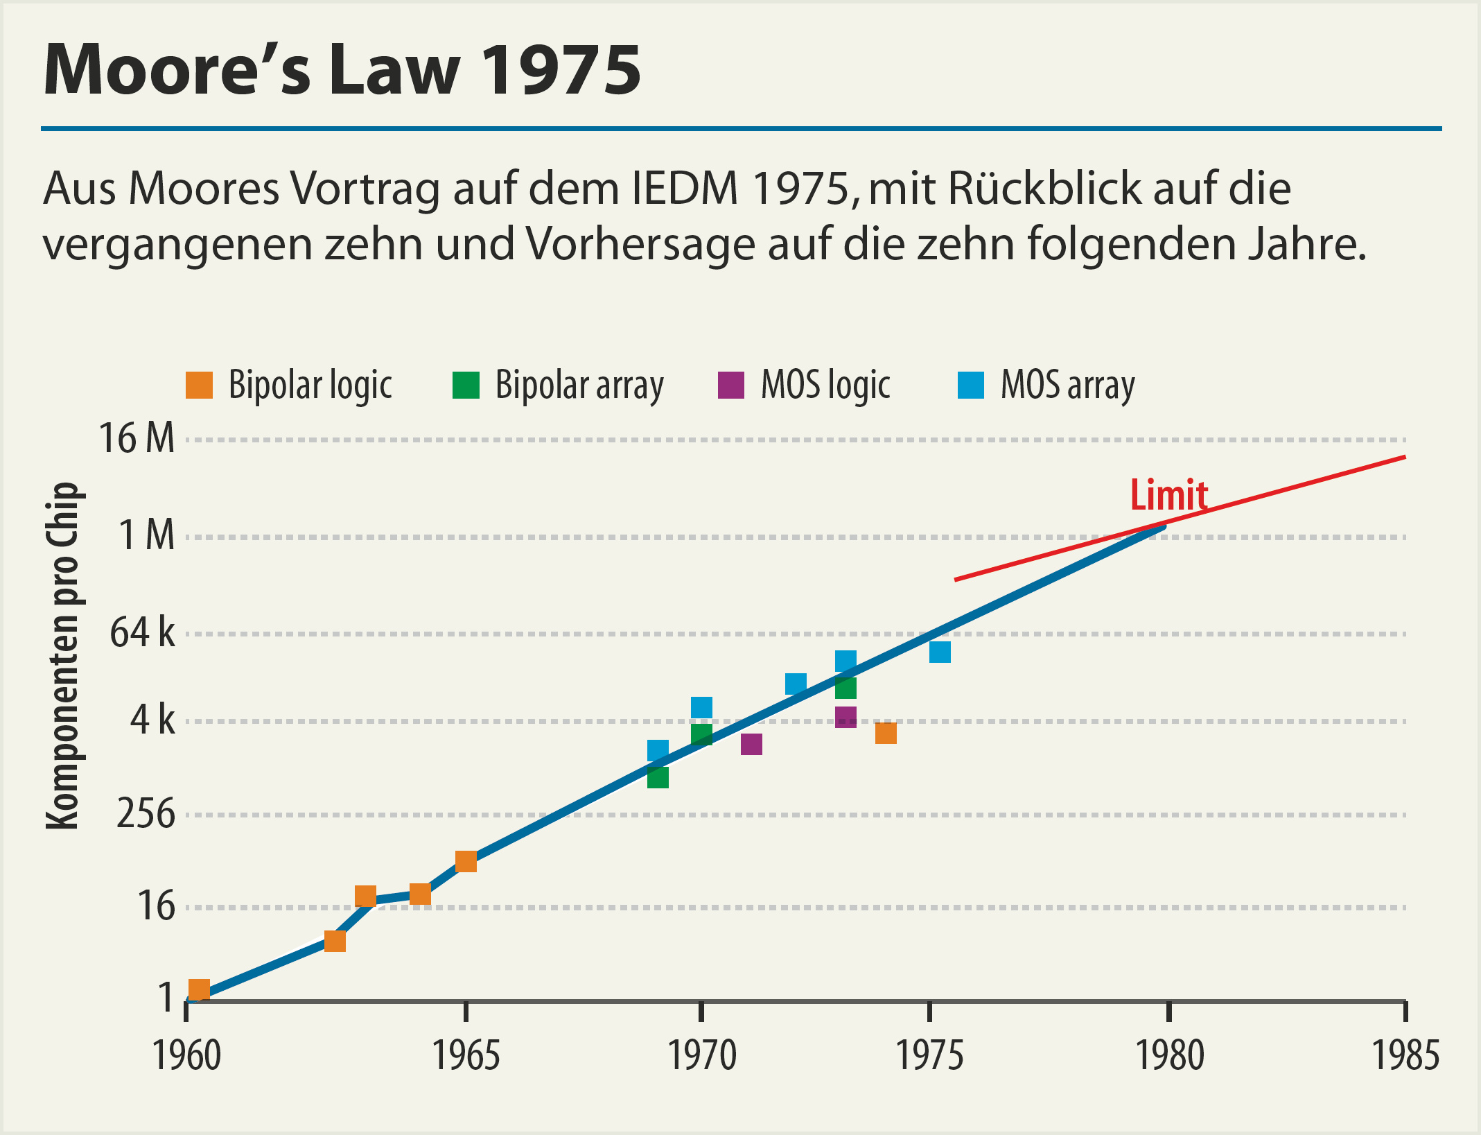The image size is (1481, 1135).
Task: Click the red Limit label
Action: coord(1168,495)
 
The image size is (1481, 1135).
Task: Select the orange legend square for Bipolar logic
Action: coord(199,385)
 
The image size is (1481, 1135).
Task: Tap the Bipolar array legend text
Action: coord(579,385)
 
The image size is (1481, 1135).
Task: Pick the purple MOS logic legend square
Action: coord(730,385)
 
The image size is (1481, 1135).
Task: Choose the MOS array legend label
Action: coord(1068,385)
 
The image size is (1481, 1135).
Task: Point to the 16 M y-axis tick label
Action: coord(137,439)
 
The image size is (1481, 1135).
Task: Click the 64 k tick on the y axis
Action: coord(142,632)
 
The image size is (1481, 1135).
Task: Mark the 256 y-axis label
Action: coord(146,814)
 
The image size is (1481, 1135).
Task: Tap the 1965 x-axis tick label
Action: coord(466,1056)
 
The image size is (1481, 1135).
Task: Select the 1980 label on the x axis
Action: coord(1169,1056)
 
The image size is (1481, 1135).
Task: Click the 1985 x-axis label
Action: coord(1405,1056)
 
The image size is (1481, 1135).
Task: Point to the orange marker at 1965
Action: coord(466,861)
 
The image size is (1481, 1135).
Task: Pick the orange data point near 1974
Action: coord(886,733)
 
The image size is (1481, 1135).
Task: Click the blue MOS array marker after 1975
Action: coord(940,652)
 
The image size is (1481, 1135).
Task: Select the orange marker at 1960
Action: coord(199,989)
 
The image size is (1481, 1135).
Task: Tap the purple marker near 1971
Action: coord(751,744)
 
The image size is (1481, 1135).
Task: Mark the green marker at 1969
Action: coord(658,777)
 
